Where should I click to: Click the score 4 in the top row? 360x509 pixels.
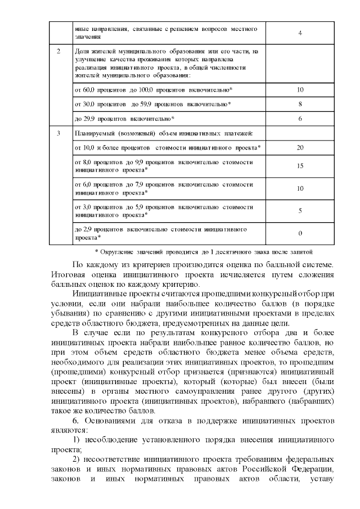tap(300, 33)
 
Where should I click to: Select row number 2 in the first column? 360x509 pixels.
tap(60, 51)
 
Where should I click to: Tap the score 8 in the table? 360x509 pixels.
tap(300, 104)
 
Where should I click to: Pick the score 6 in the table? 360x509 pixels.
tap(300, 119)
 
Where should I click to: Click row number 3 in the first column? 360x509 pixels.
tap(60, 133)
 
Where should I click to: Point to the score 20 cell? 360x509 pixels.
tap(300, 147)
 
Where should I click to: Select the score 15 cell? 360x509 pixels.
tap(300, 166)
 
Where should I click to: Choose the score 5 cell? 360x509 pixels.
tap(300, 210)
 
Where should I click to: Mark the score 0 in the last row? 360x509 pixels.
tap(300, 233)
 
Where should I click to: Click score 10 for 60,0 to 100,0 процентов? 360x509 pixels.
tap(300, 90)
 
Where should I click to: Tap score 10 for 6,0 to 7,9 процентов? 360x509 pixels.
tap(300, 188)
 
